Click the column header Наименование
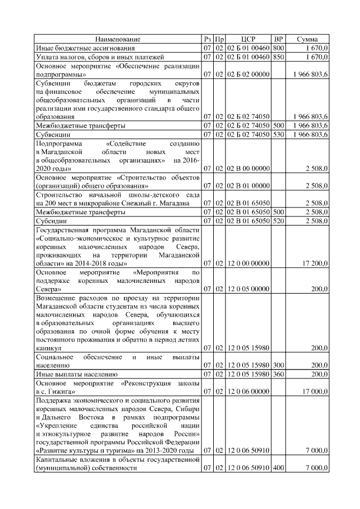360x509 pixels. click(x=118, y=39)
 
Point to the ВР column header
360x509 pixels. click(x=278, y=39)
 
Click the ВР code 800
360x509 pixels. click(x=278, y=48)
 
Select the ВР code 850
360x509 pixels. click(x=278, y=57)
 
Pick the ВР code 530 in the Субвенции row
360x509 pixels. click(x=278, y=135)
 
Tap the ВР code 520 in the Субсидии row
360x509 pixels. click(x=278, y=222)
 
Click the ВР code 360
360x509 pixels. click(x=278, y=373)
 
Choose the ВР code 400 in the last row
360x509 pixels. click(x=278, y=467)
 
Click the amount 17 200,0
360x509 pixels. click(x=316, y=263)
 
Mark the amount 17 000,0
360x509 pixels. click(x=316, y=391)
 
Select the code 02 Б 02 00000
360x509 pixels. click(x=248, y=74)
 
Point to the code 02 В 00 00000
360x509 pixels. click(x=248, y=168)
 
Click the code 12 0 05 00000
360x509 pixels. click(x=248, y=289)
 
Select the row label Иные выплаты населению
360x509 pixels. click(x=76, y=373)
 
